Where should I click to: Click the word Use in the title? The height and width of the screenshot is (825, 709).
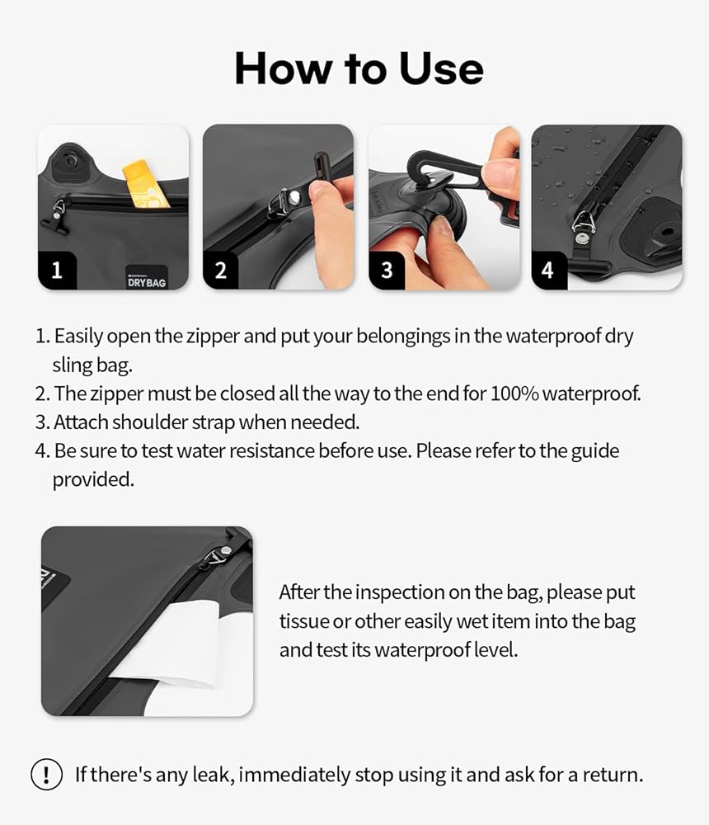(x=441, y=68)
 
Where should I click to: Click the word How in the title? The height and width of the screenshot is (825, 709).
(x=284, y=68)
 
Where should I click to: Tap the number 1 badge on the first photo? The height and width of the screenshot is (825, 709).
(x=58, y=271)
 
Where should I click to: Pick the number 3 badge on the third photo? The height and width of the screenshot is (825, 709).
(x=387, y=271)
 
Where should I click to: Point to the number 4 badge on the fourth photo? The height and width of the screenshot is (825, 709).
(x=548, y=271)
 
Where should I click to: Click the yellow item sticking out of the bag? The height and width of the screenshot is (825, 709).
(x=145, y=183)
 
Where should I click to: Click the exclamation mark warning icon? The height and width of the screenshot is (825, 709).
(x=47, y=775)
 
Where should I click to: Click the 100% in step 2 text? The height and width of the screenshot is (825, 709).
(x=514, y=394)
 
